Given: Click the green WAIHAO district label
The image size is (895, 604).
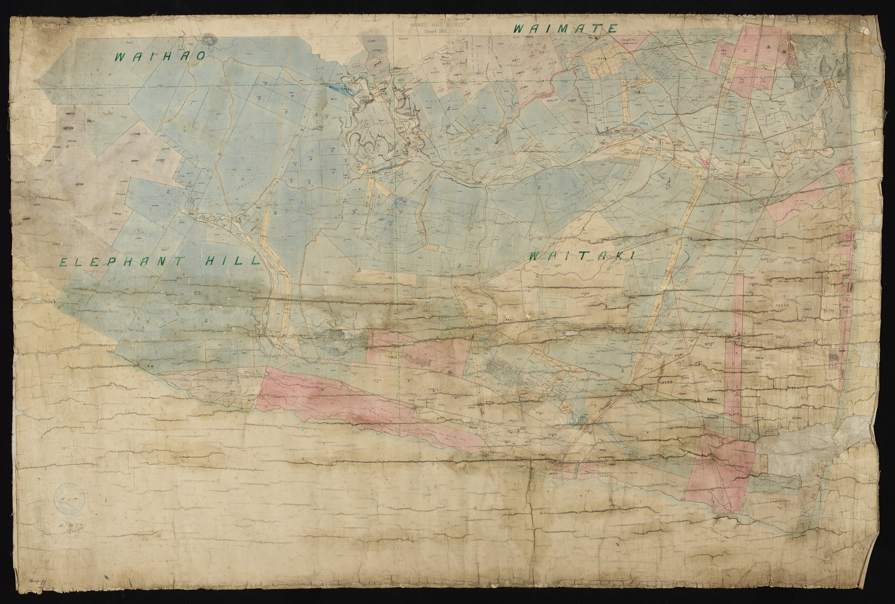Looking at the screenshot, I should tap(160, 57).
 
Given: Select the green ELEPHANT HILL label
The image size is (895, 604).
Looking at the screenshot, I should tap(159, 261).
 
